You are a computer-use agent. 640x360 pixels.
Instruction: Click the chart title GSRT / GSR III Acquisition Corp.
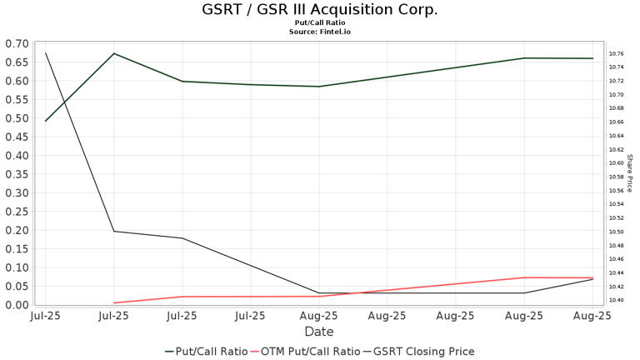coord(319,10)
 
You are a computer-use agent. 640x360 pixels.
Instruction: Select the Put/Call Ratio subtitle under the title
coord(319,22)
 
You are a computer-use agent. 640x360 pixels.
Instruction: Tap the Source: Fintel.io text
coord(319,32)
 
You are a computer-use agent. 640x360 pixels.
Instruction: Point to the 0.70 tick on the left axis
coord(16,43)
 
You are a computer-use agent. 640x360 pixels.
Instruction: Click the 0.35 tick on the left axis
coord(16,174)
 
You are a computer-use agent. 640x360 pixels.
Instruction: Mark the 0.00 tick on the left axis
coord(16,305)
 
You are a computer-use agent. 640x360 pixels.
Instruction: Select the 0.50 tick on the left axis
coord(16,118)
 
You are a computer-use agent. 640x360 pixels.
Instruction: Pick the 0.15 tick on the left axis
coord(16,249)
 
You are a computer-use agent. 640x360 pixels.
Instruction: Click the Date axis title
coord(319,332)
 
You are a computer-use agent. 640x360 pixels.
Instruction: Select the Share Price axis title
coord(630,173)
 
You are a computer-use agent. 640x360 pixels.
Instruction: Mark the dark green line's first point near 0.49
coord(45,122)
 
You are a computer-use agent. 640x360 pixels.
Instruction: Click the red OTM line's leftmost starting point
coord(113,303)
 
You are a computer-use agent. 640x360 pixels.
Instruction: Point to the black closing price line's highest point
coord(45,53)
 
